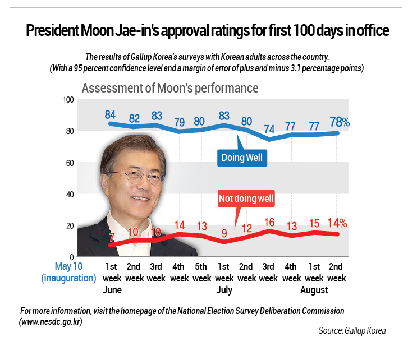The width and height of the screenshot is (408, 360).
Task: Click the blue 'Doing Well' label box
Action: [241, 158]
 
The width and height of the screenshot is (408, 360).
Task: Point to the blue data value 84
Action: [110, 114]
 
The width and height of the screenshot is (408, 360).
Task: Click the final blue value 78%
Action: [339, 122]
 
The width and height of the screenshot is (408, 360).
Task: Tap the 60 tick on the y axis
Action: [70, 163]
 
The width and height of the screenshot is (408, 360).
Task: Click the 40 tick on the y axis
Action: [70, 194]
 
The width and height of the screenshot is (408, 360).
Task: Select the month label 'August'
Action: [314, 290]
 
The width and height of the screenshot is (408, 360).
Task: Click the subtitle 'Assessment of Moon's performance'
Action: [170, 88]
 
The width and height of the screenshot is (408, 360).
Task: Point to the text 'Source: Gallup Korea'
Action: [352, 331]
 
